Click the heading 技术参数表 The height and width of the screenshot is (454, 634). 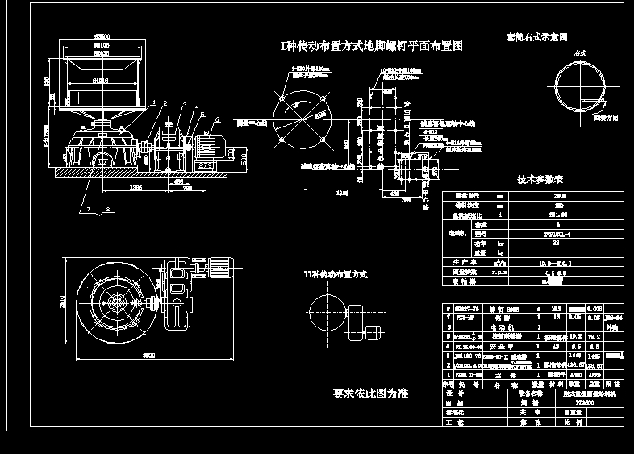[539, 179]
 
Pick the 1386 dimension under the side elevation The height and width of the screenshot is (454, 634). [135, 189]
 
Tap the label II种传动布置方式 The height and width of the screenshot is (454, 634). [336, 274]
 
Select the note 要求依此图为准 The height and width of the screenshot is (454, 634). [370, 394]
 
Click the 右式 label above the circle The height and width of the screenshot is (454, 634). [580, 53]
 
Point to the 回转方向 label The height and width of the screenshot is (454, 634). [605, 118]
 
